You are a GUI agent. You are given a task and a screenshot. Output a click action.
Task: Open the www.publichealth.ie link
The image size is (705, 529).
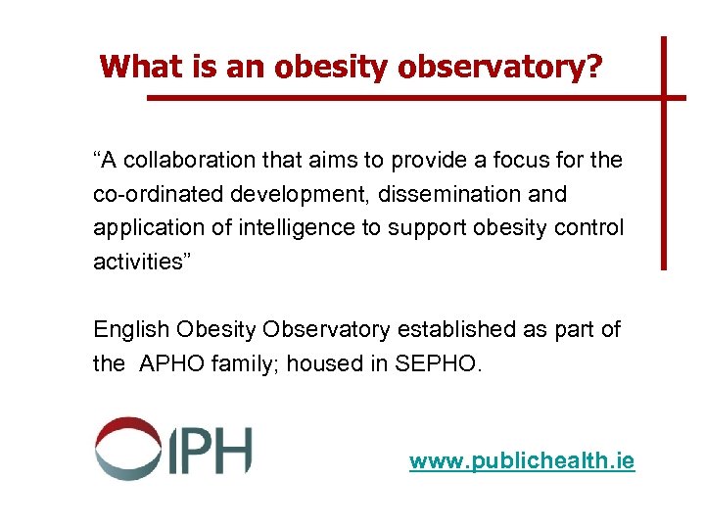(x=521, y=460)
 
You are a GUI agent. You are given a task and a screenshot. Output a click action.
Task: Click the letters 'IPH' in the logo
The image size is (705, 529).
(x=207, y=450)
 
